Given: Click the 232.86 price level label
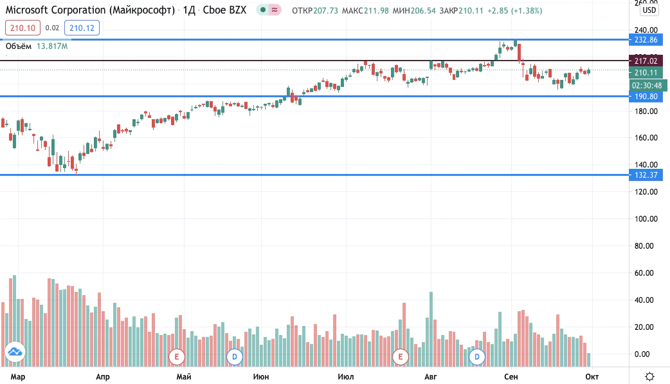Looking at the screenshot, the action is pos(646,40).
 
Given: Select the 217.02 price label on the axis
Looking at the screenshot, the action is pos(646,61).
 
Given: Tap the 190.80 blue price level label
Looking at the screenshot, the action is pos(646,96).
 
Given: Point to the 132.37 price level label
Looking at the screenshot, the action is pos(646,175).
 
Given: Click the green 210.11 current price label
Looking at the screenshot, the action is pos(646,73).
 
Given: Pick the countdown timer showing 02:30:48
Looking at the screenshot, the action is pos(647,86).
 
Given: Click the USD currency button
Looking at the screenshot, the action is pos(649,10).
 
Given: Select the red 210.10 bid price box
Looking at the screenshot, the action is pos(23,28).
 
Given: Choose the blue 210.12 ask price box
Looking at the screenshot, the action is pos(82,28).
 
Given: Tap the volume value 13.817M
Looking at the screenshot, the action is pos(52,46).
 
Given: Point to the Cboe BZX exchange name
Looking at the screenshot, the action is pos(224,10).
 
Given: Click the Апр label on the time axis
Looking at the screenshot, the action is pos(102,377).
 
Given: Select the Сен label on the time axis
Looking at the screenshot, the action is pos(511,377).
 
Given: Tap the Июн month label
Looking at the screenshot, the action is pos(261,377).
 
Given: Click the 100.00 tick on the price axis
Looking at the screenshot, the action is pos(646,219).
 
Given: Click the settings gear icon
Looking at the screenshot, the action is pos(649,377).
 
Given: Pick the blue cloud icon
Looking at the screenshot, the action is pos(15,352).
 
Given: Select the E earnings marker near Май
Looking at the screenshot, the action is pos(176,356).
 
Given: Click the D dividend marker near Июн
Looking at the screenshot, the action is pos(234,356).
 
